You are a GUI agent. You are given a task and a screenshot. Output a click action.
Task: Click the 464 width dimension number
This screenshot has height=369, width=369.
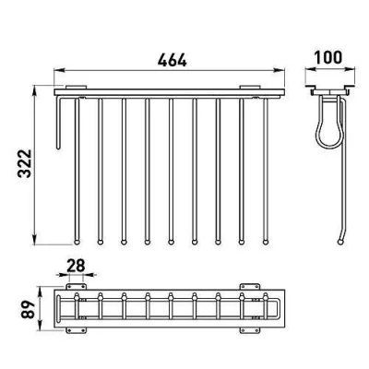(x=172, y=60)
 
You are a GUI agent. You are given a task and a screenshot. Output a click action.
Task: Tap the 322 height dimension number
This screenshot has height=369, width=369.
(x=24, y=163)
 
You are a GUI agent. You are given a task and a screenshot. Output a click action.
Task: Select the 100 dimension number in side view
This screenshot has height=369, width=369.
(x=328, y=57)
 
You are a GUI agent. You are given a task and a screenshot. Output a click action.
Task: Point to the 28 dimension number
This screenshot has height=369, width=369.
(x=76, y=266)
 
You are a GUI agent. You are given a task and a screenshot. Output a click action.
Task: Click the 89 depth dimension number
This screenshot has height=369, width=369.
(x=28, y=310)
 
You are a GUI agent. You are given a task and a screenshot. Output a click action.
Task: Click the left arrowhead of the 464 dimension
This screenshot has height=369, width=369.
(x=57, y=71)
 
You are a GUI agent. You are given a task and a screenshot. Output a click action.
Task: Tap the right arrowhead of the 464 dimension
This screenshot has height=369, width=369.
(x=280, y=71)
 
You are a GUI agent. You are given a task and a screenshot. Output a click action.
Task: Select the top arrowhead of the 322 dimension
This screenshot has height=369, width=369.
(x=34, y=89)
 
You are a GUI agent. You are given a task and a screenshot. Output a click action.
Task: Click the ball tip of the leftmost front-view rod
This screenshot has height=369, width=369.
(x=77, y=242)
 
